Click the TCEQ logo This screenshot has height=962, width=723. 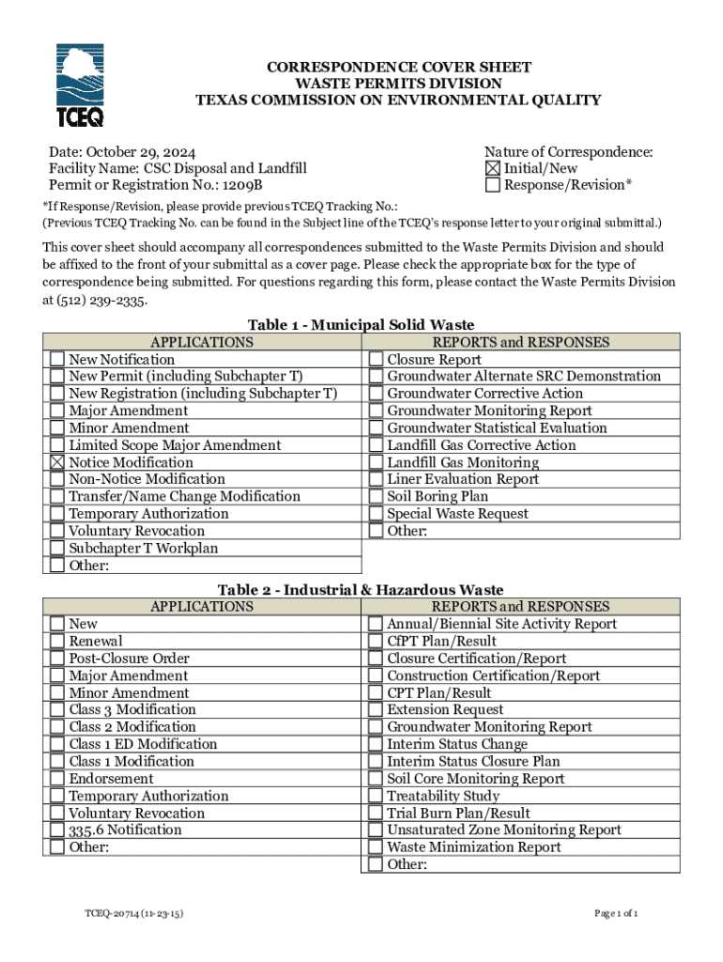click(80, 85)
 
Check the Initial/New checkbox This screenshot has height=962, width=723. click(493, 168)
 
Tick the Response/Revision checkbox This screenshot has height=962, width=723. click(493, 185)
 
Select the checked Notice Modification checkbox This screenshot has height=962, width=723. click(57, 462)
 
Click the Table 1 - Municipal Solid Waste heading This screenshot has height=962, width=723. click(361, 325)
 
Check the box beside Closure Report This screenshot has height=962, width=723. click(376, 360)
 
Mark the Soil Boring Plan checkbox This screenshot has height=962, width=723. click(376, 497)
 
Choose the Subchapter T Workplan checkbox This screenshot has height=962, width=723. click(57, 549)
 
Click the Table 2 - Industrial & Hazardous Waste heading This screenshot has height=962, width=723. click(361, 590)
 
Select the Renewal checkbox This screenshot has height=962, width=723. click(57, 642)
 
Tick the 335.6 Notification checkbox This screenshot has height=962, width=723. click(57, 830)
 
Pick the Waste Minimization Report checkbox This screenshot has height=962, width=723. click(376, 847)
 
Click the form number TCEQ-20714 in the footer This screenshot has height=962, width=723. click(131, 912)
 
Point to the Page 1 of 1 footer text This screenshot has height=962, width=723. click(616, 912)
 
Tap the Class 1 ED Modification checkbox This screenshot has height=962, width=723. click(57, 745)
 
